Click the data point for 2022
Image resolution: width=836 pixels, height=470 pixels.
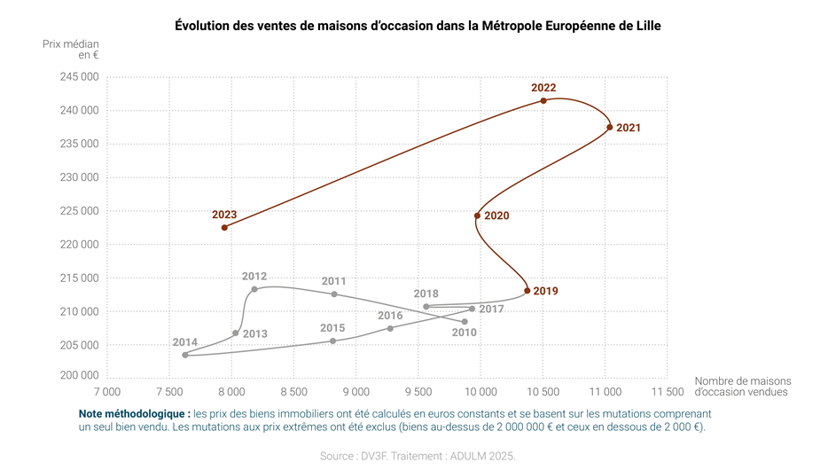pyautogui.click(x=543, y=101)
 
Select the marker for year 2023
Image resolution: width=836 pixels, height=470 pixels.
pyautogui.click(x=224, y=228)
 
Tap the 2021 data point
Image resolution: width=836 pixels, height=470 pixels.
pyautogui.click(x=609, y=128)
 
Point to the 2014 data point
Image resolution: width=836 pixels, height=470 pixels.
pyautogui.click(x=185, y=355)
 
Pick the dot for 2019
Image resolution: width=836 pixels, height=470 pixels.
pyautogui.click(x=527, y=291)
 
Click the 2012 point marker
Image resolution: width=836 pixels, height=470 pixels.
pyautogui.click(x=254, y=289)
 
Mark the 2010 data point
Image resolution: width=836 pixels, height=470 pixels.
pyautogui.click(x=465, y=322)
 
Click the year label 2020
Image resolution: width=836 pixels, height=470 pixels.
pyautogui.click(x=496, y=216)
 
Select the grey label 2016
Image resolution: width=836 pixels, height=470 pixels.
pyautogui.click(x=390, y=316)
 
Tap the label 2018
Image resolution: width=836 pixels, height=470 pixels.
pyautogui.click(x=426, y=294)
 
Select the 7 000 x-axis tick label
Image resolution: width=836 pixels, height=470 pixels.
pyautogui.click(x=106, y=391)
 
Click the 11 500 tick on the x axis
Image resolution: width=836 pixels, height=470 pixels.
pyautogui.click(x=667, y=391)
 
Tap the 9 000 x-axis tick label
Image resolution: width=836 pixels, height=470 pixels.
pyautogui.click(x=355, y=391)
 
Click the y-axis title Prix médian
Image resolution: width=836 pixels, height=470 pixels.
pyautogui.click(x=71, y=43)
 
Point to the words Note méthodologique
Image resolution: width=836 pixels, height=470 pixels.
pyautogui.click(x=134, y=414)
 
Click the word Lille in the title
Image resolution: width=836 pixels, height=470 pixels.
pyautogui.click(x=646, y=26)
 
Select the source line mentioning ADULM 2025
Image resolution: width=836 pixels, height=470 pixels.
pyautogui.click(x=418, y=456)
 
